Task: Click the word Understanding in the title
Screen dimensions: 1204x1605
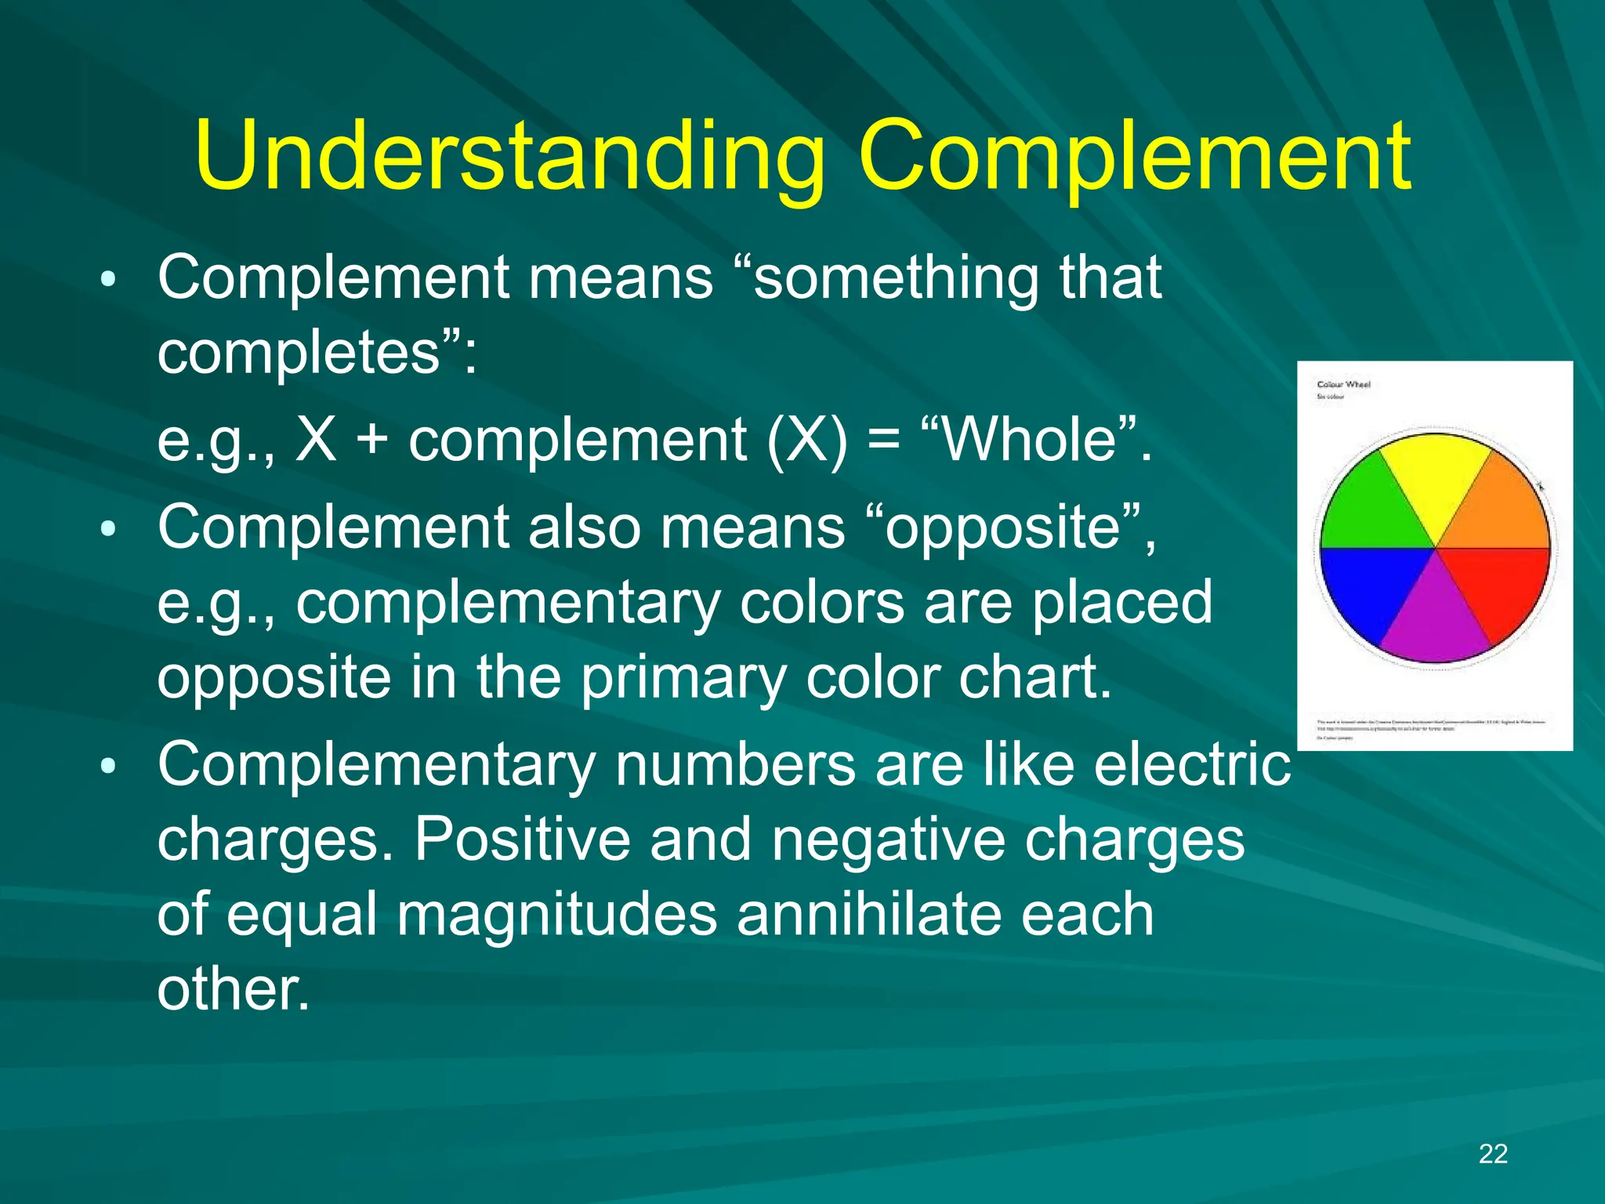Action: click(x=509, y=157)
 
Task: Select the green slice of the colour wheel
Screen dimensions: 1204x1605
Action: click(x=1368, y=510)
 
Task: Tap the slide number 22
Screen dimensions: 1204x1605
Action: click(x=1493, y=1154)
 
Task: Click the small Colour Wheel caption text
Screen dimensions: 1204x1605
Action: click(x=1343, y=384)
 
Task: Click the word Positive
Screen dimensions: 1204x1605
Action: click(x=522, y=840)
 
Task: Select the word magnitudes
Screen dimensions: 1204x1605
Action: click(x=556, y=914)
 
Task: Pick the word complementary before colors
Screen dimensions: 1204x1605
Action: click(x=508, y=602)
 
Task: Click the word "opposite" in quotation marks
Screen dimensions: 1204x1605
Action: click(x=1011, y=527)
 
